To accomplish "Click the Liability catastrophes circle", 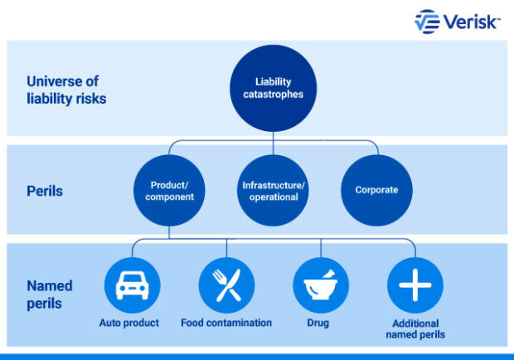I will (x=274, y=88).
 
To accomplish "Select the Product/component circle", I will (x=170, y=190).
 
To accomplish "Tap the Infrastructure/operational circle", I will (x=274, y=190).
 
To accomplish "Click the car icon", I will (x=132, y=285).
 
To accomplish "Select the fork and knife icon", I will (x=226, y=285).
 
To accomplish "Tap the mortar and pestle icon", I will (x=320, y=285).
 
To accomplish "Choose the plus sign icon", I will (x=415, y=285).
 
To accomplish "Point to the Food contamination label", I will (x=226, y=323).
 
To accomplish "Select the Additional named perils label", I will (x=415, y=328).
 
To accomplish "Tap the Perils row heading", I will (x=44, y=191).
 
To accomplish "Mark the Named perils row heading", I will (x=50, y=294).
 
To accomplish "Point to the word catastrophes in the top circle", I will (x=274, y=95).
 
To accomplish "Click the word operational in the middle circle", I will (x=274, y=197).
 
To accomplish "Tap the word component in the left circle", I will (x=170, y=197).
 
